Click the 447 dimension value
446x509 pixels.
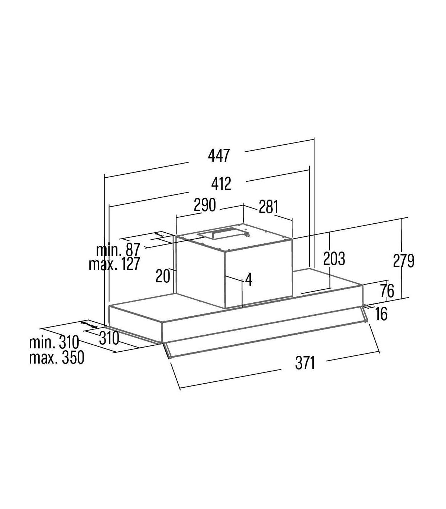[219, 155]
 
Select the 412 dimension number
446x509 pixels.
[221, 183]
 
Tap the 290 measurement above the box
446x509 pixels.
[205, 205]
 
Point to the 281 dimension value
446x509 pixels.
[268, 207]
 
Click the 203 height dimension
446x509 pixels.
[334, 259]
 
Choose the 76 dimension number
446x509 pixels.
[387, 291]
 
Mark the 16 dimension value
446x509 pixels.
[381, 314]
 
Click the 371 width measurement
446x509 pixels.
[305, 364]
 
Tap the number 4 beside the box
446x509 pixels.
[249, 279]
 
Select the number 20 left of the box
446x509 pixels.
[163, 276]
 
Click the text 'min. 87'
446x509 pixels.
[118, 250]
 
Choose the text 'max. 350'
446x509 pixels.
[56, 358]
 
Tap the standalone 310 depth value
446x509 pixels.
[109, 338]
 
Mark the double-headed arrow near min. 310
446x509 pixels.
[89, 325]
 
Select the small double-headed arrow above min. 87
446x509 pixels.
[159, 235]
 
